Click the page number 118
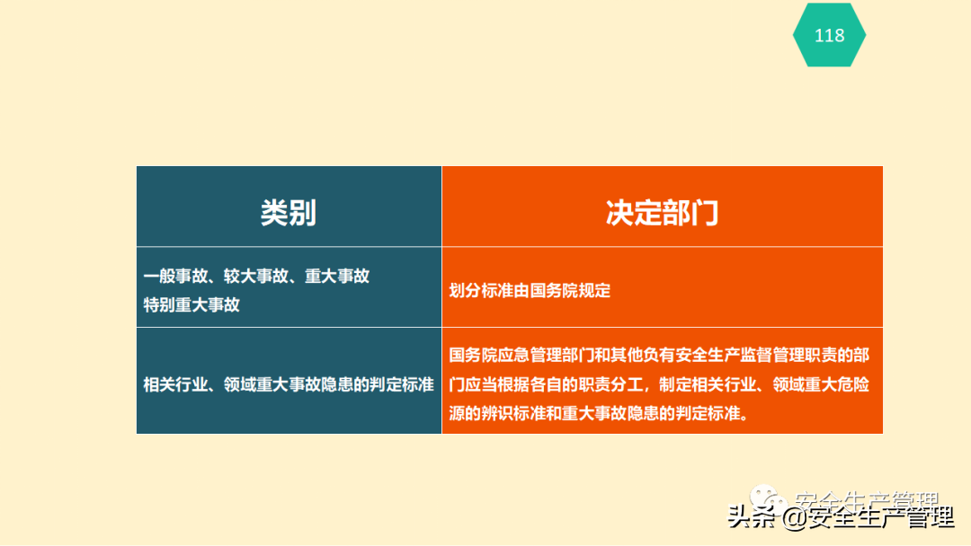click(829, 35)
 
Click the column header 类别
click(289, 213)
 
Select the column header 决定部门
click(662, 213)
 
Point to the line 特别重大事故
click(192, 304)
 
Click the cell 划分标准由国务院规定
click(530, 291)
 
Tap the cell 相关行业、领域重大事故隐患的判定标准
click(289, 384)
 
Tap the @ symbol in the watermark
click(794, 519)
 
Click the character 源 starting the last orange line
click(458, 415)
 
